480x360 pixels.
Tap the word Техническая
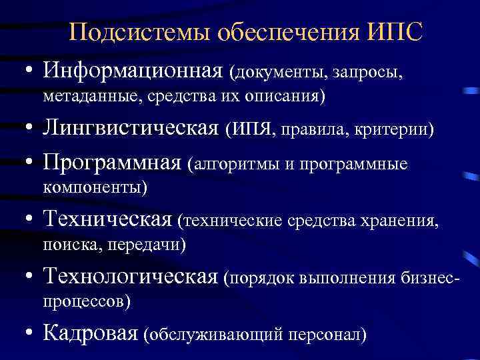click(109, 219)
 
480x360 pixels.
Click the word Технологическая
click(131, 275)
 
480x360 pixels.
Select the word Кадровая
click(91, 332)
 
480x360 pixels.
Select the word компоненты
click(94, 189)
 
